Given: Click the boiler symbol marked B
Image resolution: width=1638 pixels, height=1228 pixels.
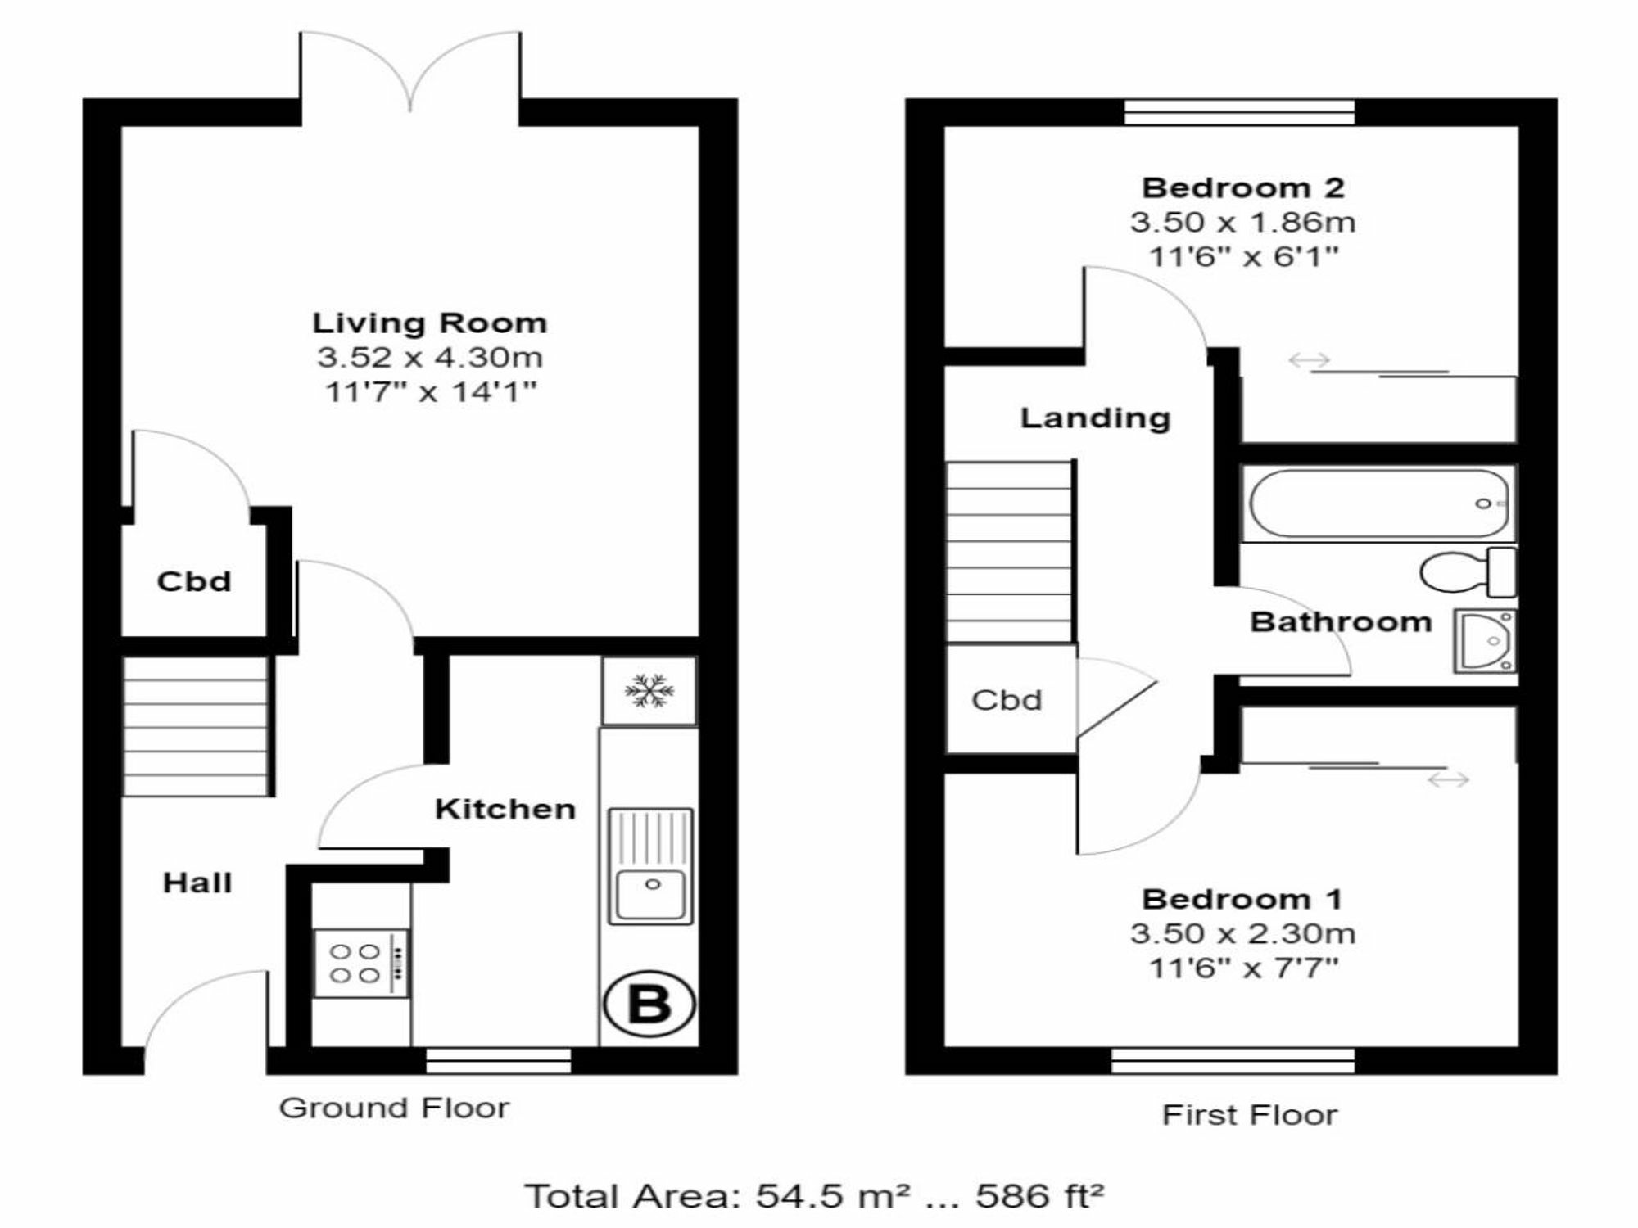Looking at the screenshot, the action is [x=649, y=1004].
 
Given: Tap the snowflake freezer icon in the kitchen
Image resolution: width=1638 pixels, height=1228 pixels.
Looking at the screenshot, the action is [x=649, y=691].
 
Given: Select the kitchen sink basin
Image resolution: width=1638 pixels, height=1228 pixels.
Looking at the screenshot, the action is [x=651, y=894].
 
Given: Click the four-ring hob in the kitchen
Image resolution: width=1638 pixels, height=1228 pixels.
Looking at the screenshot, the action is [x=361, y=963].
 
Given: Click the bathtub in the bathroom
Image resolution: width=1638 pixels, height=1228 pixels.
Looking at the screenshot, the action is [x=1378, y=503].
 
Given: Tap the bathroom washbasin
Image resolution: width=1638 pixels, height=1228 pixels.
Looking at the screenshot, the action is [x=1485, y=641].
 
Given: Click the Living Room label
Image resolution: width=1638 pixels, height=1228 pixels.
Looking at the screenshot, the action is [x=429, y=323].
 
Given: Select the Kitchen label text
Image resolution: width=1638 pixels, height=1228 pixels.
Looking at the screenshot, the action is [x=505, y=810].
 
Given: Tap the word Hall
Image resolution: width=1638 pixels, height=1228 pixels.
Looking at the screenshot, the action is [x=197, y=883].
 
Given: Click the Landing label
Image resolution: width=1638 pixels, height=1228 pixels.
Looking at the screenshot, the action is [x=1095, y=418].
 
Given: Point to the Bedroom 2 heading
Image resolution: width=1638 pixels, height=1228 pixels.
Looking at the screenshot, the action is [x=1242, y=188].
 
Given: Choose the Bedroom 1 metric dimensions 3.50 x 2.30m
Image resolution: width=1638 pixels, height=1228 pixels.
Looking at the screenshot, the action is [x=1242, y=933].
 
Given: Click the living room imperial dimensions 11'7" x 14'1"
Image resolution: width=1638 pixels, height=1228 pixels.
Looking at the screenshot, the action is [x=431, y=391].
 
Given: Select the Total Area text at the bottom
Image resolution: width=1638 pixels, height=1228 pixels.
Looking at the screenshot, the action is [x=814, y=1196].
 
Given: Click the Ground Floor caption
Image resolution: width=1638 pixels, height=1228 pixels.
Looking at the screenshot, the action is [x=394, y=1108].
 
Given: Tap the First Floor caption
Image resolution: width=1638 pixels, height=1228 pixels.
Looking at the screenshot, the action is [x=1249, y=1115].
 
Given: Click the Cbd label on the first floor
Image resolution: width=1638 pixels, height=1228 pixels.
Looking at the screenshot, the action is [x=1007, y=700].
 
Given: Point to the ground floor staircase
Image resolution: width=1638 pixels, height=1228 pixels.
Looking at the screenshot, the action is [x=196, y=725].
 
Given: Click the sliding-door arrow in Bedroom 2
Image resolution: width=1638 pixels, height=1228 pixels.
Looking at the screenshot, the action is [x=1309, y=359].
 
